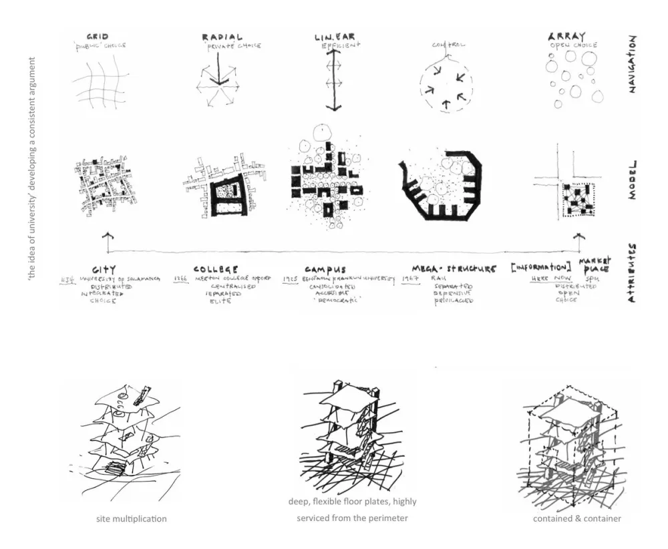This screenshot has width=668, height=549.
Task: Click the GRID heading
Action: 98,36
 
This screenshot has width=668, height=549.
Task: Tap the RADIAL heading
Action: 222,37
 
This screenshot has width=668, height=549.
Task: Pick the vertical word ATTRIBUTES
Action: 631,274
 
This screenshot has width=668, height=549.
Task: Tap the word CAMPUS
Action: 325,270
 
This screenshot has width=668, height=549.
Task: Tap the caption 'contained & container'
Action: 576,518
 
